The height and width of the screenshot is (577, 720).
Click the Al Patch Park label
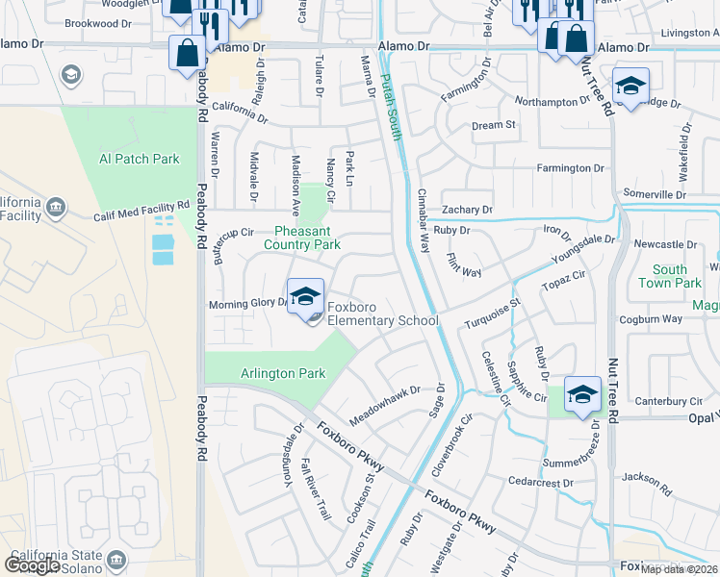click(140, 159)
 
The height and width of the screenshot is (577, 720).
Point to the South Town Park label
click(677, 277)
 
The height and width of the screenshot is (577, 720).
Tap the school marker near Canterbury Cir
click(582, 395)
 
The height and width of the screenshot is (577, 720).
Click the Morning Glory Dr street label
click(248, 305)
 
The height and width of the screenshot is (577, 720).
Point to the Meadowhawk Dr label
click(385, 397)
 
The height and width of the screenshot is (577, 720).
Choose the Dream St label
click(494, 125)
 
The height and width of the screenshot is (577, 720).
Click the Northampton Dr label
click(553, 101)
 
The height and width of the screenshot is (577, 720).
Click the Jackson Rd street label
click(645, 478)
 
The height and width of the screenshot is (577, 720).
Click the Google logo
click(33, 565)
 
